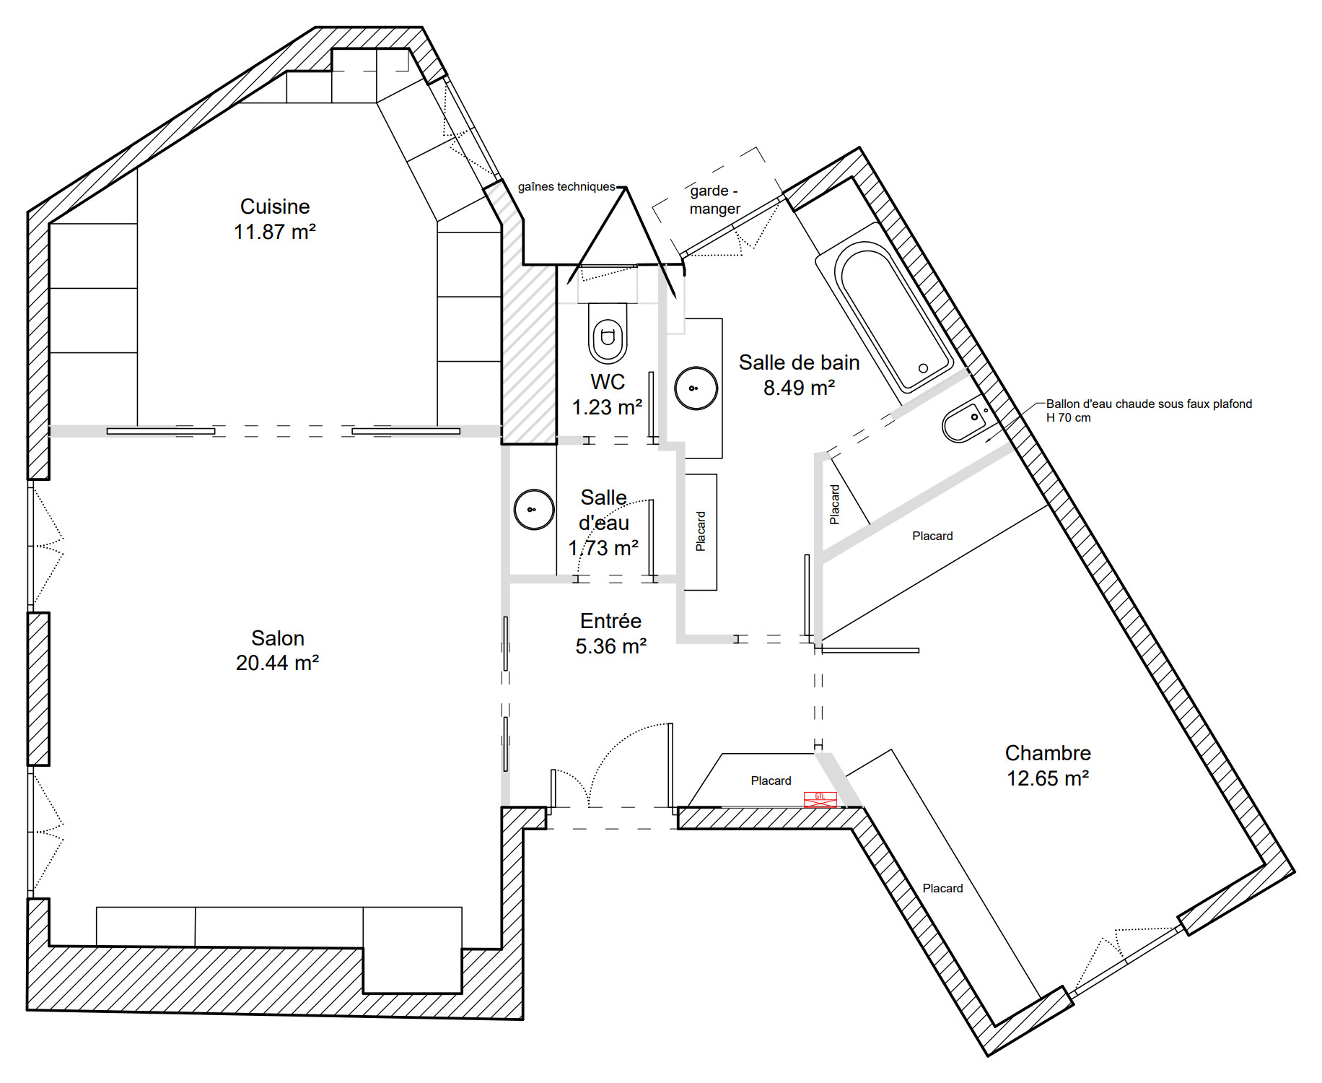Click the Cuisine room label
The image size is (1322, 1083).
coord(275,206)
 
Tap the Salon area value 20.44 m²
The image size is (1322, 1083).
coord(277,663)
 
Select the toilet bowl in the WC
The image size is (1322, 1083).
coord(608,333)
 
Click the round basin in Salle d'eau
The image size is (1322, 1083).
coord(534,509)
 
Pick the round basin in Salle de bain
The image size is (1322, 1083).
coord(696,388)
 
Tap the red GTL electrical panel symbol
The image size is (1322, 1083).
coord(820,799)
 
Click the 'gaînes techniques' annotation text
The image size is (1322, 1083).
coord(566,186)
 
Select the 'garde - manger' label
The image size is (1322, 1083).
coord(714,200)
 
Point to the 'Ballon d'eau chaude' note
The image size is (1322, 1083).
coord(1149,410)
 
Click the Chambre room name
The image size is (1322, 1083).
coord(1048,753)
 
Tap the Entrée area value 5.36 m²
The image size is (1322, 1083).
coord(610,646)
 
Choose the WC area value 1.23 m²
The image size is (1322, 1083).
coord(607,407)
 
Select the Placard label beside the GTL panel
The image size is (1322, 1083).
coord(771,780)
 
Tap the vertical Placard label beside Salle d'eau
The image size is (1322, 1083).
coord(701,531)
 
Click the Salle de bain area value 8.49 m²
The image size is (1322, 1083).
coord(800,388)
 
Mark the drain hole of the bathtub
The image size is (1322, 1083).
coord(923,368)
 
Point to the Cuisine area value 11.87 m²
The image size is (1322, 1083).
coord(275,232)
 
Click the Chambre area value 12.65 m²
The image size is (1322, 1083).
coord(1048,778)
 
